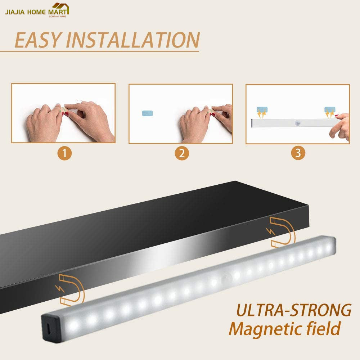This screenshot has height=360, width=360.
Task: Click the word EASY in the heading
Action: (38, 40)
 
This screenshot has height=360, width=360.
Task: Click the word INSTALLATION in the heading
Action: (133, 40)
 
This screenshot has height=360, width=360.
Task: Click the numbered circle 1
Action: (64, 153)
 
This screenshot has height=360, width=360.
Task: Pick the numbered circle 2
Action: (182, 153)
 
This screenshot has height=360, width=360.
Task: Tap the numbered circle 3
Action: (298, 153)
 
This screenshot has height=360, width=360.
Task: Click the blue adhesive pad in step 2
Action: (147, 113)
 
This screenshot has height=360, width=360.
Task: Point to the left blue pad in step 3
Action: (262, 110)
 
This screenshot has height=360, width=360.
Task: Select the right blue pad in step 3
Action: (330, 110)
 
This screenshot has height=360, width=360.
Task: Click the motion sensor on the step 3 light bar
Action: (298, 123)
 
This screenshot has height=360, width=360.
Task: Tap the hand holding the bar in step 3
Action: (339, 126)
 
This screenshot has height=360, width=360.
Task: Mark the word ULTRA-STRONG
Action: (294, 310)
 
